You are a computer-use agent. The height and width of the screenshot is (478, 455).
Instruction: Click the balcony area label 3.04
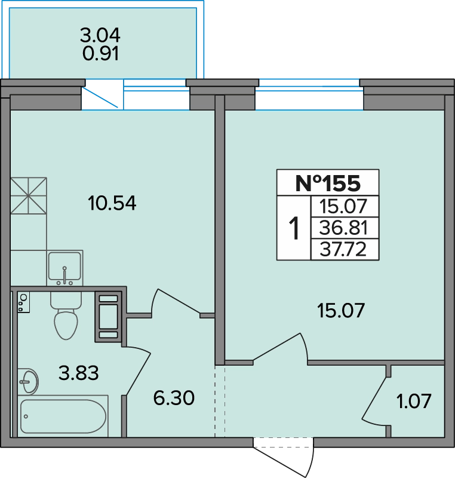coord(100,35)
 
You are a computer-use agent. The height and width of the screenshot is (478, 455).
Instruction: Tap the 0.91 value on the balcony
coord(100,54)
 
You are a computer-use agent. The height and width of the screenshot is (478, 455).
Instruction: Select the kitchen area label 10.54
coord(112,203)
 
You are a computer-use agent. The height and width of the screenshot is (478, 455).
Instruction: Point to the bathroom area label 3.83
coord(79,373)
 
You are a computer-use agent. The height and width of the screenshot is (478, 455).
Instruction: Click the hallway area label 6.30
coord(174,398)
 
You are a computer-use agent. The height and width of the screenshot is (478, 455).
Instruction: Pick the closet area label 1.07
coord(414,401)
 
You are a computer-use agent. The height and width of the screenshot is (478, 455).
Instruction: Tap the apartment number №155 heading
coord(328,183)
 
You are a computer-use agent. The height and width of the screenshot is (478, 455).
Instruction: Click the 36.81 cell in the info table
coord(343,228)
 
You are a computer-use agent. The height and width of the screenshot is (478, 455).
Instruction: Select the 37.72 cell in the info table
coord(343,249)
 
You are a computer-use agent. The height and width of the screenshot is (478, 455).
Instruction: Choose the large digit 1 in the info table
coord(294,228)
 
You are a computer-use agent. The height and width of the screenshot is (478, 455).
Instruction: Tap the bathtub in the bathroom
coord(63,416)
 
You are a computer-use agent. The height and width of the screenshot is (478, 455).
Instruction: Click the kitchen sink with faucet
coord(65,268)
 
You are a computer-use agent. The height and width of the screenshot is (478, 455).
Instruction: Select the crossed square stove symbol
coord(28,196)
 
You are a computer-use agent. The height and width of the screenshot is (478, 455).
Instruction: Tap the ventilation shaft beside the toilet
coord(109,317)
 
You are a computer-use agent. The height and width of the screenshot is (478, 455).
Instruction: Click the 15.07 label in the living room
coord(341,311)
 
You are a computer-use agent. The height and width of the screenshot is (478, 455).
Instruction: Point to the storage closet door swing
coord(376,399)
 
